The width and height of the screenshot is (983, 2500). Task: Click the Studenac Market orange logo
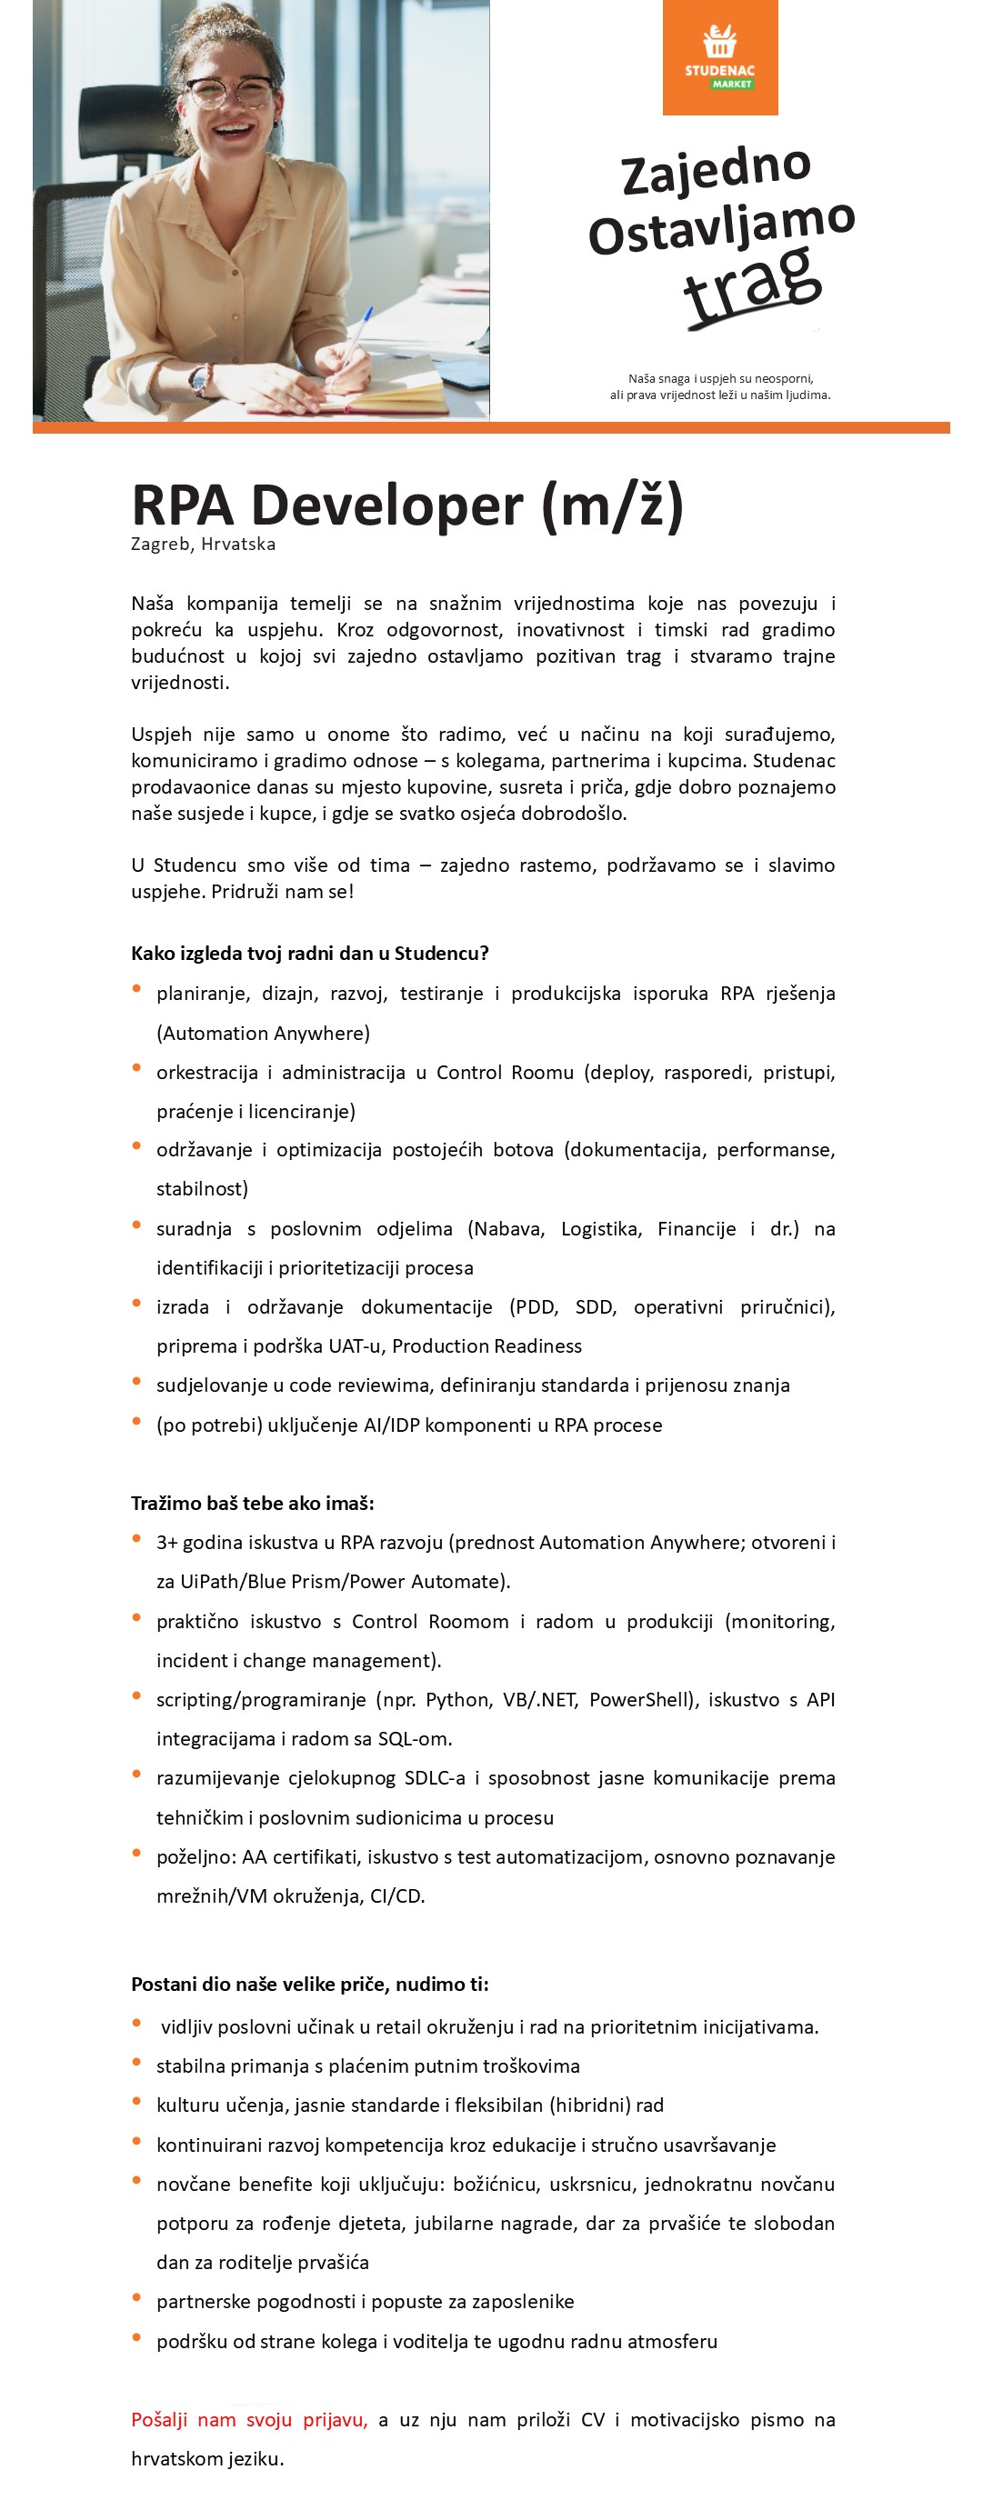pos(720,57)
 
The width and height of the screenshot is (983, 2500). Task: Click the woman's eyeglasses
pos(231,93)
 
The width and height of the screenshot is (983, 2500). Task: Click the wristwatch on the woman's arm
pos(201,379)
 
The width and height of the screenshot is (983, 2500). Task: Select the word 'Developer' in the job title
pos(388,505)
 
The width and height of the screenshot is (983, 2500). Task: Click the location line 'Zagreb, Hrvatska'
pos(204,545)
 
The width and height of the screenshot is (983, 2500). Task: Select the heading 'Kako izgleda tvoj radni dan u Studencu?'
pos(309,953)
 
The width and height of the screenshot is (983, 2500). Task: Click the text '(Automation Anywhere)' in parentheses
pos(263,1033)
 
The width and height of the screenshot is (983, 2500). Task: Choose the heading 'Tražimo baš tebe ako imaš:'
pos(252,1504)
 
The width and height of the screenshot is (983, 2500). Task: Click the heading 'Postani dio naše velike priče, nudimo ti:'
pos(309,1984)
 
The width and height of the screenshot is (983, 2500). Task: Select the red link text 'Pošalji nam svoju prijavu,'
pos(249,2419)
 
